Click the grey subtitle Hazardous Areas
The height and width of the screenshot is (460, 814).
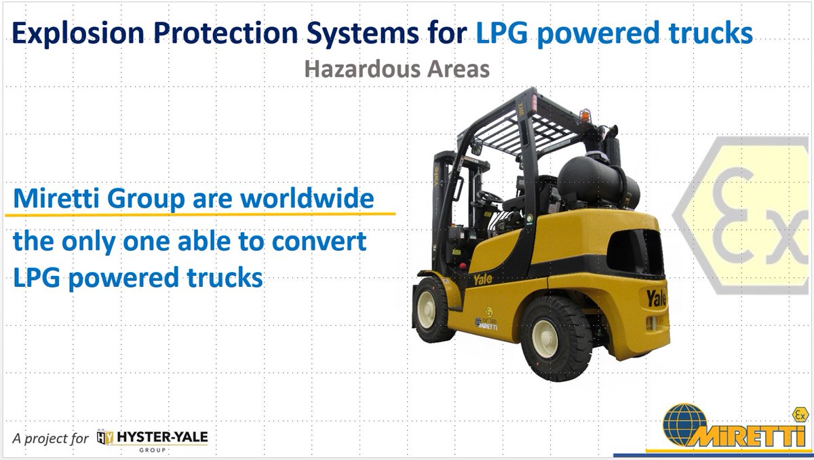(x=397, y=69)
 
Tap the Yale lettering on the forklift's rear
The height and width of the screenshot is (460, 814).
(x=657, y=297)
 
